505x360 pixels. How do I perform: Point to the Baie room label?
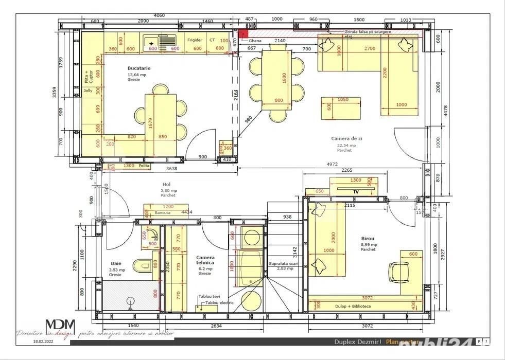pos(116,263)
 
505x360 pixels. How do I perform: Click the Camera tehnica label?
pos(205,260)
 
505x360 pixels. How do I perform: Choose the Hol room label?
pos(166,184)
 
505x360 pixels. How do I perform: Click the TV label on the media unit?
pos(356,191)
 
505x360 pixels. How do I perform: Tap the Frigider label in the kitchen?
pos(195,40)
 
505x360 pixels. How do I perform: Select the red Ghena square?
pos(243,33)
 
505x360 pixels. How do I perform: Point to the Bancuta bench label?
pos(163,212)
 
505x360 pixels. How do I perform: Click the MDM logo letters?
pos(60,327)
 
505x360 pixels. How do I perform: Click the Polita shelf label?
pos(144,166)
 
